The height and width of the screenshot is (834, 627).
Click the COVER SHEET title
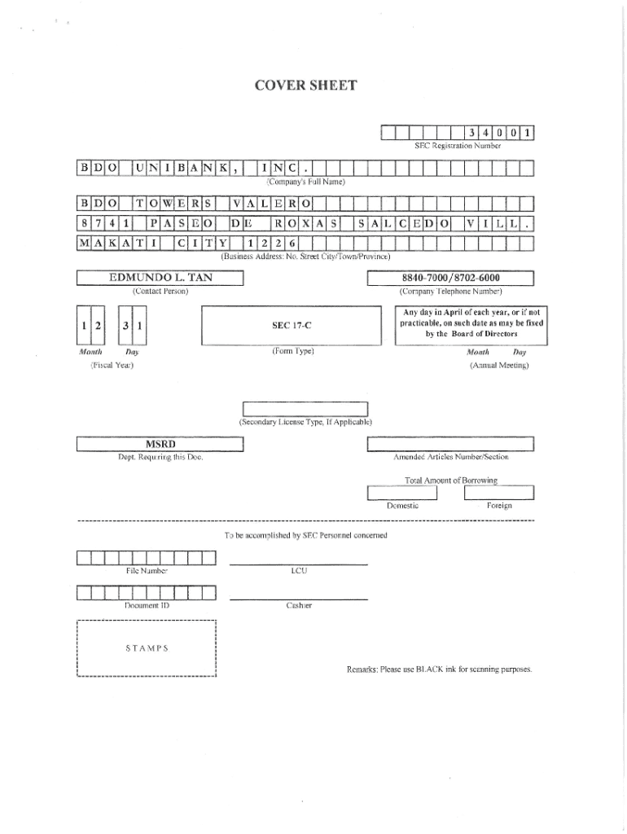(313, 84)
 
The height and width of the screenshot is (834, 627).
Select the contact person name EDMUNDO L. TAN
(160, 278)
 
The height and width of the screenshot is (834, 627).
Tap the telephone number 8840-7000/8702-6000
(450, 278)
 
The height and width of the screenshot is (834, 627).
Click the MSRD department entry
(160, 444)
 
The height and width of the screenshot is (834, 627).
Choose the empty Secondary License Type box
(305, 409)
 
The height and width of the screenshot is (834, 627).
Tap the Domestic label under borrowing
(403, 506)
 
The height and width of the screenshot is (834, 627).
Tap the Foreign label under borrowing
(499, 506)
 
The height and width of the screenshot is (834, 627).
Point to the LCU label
(298, 571)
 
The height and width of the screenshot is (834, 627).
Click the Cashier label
(298, 606)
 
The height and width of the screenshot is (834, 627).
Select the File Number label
(146, 571)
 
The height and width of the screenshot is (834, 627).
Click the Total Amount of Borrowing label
(450, 481)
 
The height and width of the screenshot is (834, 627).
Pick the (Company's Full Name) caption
(306, 182)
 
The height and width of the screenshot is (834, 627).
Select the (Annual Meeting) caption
(499, 366)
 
